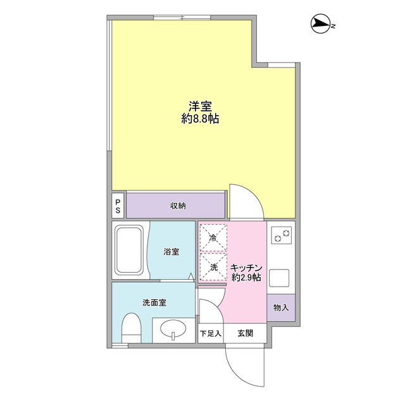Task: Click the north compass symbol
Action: coord(322,25)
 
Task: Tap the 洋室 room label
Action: coord(199,106)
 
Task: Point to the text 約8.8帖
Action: coord(200,119)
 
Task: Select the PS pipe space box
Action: coord(118,206)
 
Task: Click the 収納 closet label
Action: coord(177,206)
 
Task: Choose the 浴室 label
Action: coord(171,252)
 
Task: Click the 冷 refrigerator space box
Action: coord(214,238)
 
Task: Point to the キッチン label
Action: coord(247,267)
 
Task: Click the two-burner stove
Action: coord(280,236)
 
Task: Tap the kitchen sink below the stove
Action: coord(279,278)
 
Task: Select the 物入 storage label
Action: coord(280,308)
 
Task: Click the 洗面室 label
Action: coord(154,302)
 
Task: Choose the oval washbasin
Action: coord(172,329)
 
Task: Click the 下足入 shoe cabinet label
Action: coord(211,333)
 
